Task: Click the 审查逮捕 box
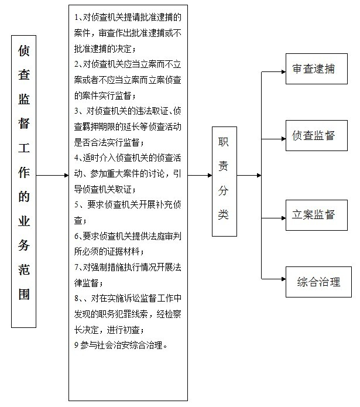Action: [x=317, y=69]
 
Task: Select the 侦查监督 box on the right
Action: [x=317, y=135]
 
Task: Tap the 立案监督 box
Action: [x=317, y=215]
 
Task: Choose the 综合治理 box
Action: [x=318, y=282]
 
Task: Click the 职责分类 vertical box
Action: [x=224, y=182]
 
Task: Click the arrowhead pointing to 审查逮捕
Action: [x=283, y=71]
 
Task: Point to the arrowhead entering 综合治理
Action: [x=283, y=279]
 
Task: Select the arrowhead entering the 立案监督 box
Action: [x=283, y=218]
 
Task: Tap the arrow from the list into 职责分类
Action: [x=200, y=176]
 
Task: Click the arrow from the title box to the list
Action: [x=52, y=176]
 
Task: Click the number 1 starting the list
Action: [x=76, y=18]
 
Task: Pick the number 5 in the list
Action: [x=77, y=205]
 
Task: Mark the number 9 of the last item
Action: [x=77, y=345]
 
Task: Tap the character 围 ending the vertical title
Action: [x=23, y=294]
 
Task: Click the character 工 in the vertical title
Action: [x=23, y=148]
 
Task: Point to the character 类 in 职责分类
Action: [x=223, y=214]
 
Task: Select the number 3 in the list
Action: [x=77, y=111]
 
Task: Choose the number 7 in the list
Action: [x=77, y=267]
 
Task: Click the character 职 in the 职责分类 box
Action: [x=223, y=142]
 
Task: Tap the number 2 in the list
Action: [x=77, y=64]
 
